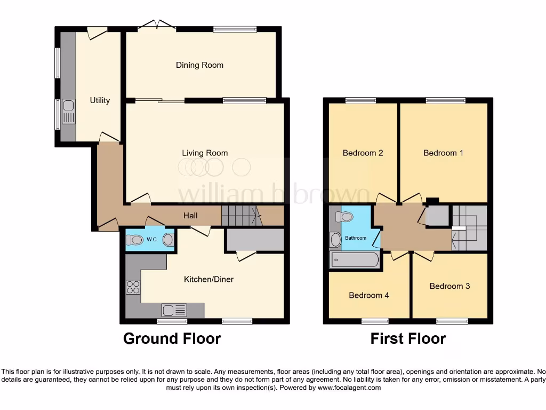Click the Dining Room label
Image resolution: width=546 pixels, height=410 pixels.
click(x=199, y=65)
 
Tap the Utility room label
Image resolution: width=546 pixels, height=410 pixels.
click(x=100, y=100)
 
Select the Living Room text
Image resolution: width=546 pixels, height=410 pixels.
click(x=205, y=153)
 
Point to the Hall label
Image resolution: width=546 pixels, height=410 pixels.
click(x=190, y=216)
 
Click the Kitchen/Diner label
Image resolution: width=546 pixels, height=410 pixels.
click(x=208, y=279)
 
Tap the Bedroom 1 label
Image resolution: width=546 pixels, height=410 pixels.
click(x=443, y=153)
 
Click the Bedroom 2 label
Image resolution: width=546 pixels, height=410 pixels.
click(x=363, y=153)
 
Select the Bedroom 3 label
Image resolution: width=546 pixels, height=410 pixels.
click(x=449, y=286)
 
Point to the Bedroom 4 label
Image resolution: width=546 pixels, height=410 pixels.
click(x=369, y=295)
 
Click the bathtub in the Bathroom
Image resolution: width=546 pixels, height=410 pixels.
click(x=355, y=261)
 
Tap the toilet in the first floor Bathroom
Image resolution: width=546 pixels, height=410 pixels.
click(x=344, y=217)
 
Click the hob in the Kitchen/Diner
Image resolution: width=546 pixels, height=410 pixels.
click(x=133, y=287)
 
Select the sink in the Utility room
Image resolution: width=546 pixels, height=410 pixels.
click(x=69, y=112)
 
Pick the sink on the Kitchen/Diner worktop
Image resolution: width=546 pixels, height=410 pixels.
click(x=174, y=310)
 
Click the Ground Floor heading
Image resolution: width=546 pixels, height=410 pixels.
click(x=172, y=338)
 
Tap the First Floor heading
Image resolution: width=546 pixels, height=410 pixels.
click(x=408, y=338)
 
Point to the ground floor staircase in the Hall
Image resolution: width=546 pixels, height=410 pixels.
click(x=239, y=216)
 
